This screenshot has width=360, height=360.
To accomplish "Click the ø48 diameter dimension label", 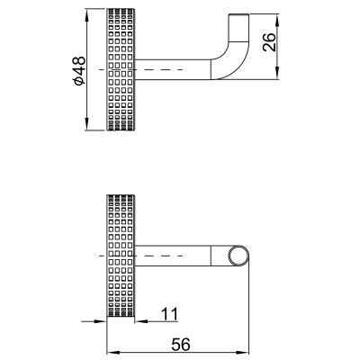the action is [79, 70].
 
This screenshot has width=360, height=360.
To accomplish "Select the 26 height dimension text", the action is [269, 42].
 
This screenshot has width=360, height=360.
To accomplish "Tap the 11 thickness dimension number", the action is [170, 314].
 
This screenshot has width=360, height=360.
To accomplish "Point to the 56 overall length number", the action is [181, 345].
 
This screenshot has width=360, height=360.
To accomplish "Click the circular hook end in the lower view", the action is [238, 256].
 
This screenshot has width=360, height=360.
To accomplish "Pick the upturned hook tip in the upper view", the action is [239, 27].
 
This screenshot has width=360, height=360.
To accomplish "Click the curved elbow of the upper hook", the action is [232, 61].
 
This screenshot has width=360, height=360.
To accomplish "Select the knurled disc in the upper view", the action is [121, 69].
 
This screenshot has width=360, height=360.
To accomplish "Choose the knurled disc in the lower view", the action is [121, 256].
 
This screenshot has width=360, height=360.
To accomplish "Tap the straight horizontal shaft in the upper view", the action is [173, 69].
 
